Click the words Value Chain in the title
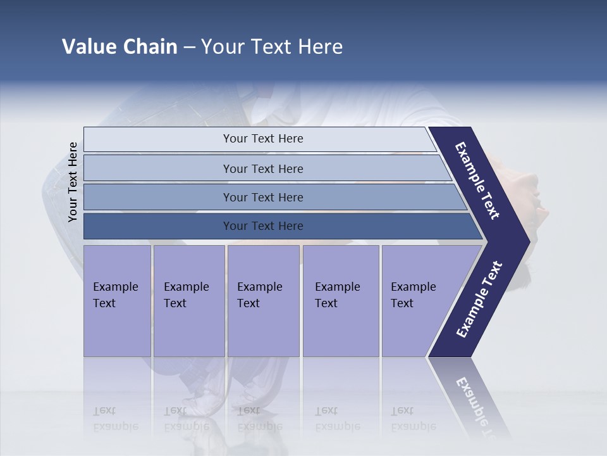120,46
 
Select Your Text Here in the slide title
272,46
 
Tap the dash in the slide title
189,47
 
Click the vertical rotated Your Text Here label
73,182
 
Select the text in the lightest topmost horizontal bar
263,139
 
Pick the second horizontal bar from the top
263,168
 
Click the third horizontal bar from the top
263,198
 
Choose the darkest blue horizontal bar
263,226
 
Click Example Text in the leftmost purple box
116,294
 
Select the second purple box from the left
188,300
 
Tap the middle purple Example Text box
262,300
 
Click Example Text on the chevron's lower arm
479,299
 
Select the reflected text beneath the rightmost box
413,419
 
